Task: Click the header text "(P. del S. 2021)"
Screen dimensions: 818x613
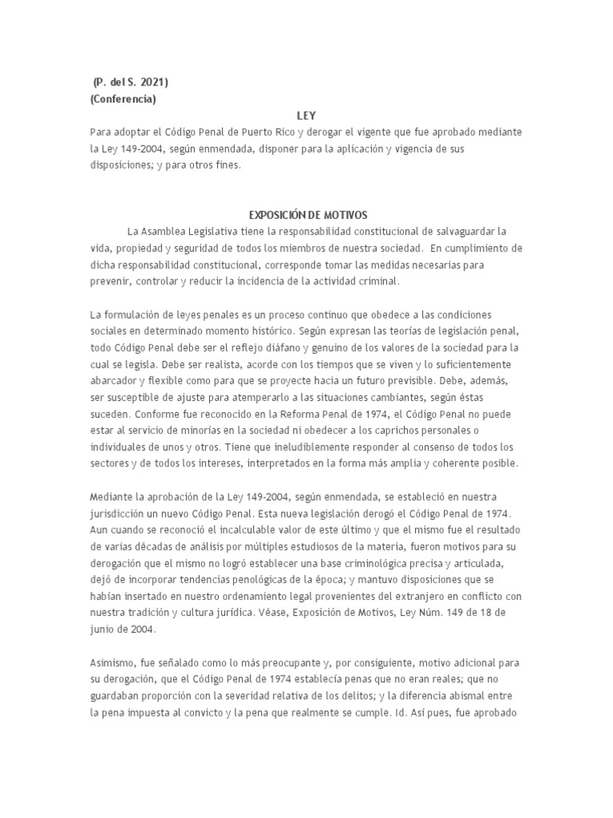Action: tap(130, 82)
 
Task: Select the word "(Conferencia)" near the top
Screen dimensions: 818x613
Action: tap(123, 100)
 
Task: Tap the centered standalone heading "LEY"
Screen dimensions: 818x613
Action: tap(306, 116)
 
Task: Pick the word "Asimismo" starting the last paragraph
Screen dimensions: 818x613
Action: tap(115, 663)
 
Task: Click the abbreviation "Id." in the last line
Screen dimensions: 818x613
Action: tap(409, 713)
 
